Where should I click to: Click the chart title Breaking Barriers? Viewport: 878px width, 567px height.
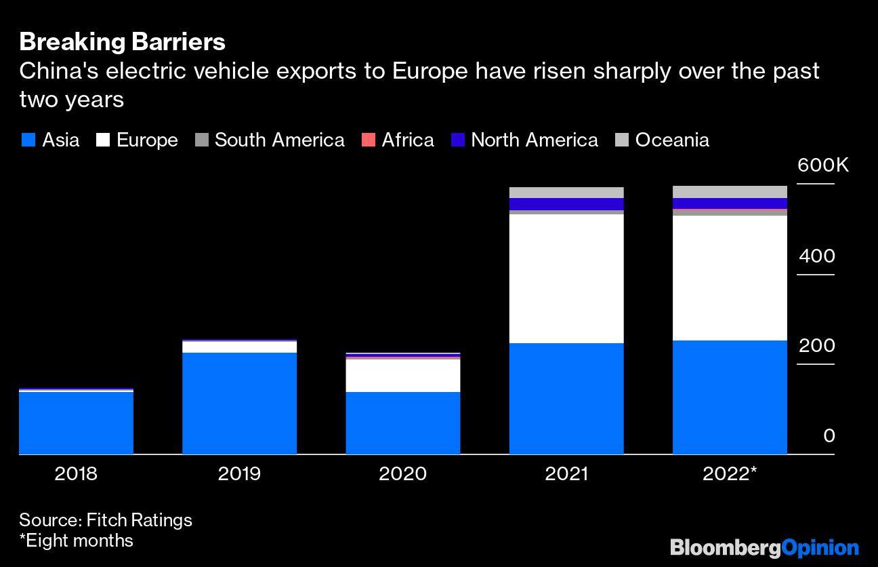pyautogui.click(x=122, y=42)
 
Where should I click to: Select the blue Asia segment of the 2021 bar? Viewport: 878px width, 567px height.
pyautogui.click(x=566, y=398)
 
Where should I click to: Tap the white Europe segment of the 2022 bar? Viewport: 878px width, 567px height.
pyautogui.click(x=730, y=277)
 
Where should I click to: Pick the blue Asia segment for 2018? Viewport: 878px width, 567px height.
pyautogui.click(x=76, y=423)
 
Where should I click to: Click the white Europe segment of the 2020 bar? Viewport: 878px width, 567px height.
pyautogui.click(x=403, y=375)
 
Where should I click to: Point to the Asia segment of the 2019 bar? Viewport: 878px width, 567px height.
pyautogui.click(x=240, y=403)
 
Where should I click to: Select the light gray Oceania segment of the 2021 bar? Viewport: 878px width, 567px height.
pyautogui.click(x=566, y=193)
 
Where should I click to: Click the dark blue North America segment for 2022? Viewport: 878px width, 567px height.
pyautogui.click(x=730, y=203)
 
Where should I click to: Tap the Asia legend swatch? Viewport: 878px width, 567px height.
pyautogui.click(x=28, y=140)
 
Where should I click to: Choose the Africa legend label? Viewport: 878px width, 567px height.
pyautogui.click(x=408, y=140)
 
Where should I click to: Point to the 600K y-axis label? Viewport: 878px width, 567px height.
pyautogui.click(x=822, y=165)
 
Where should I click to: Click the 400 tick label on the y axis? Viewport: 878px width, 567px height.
pyautogui.click(x=816, y=256)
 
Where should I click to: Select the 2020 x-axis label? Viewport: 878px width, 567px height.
pyautogui.click(x=403, y=473)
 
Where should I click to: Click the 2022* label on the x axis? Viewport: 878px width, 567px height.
pyautogui.click(x=730, y=473)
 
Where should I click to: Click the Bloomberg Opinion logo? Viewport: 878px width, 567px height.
pyautogui.click(x=764, y=547)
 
